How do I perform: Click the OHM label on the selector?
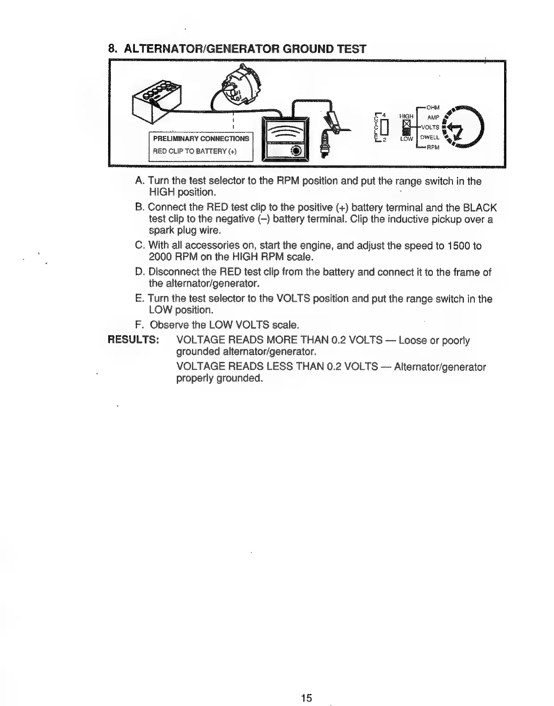click(432, 107)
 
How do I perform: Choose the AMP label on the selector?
click(433, 117)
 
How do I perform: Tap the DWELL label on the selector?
click(430, 138)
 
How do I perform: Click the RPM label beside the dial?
click(433, 148)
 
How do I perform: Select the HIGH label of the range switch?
click(407, 116)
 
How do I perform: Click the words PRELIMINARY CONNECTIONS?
click(201, 139)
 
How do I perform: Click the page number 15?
click(306, 685)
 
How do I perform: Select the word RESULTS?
click(134, 340)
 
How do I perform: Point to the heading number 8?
click(112, 49)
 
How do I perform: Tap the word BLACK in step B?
click(480, 208)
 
